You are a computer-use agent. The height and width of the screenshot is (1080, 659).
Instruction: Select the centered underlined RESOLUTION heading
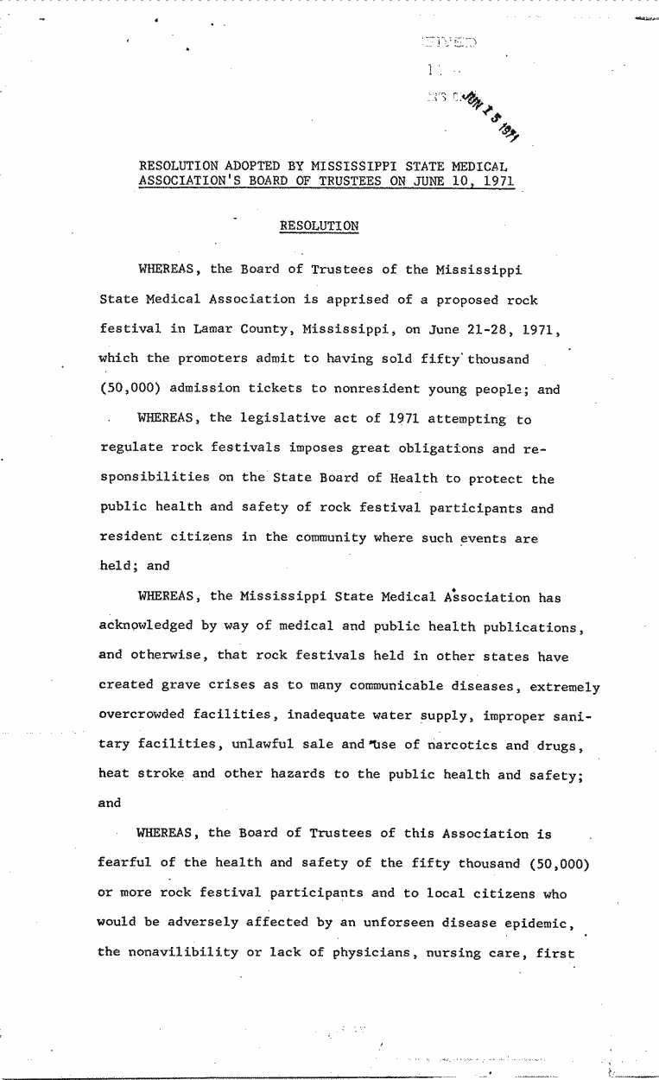319,226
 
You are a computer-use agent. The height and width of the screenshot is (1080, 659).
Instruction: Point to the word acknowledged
142,626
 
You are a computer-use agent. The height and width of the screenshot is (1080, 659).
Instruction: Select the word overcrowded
142,715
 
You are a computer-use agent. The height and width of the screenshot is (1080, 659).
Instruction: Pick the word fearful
126,864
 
